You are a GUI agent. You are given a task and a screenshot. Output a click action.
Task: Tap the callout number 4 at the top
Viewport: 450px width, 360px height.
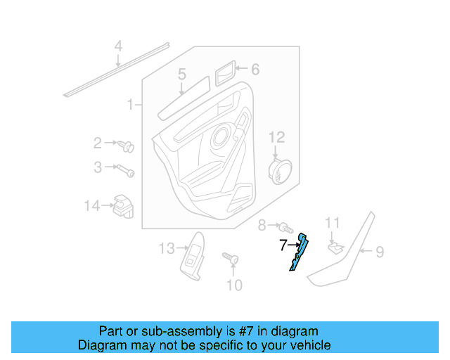(119, 47)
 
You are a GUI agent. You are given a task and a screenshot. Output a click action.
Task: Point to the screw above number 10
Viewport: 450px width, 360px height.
(231, 259)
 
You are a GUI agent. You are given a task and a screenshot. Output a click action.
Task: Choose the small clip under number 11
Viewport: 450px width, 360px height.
(334, 246)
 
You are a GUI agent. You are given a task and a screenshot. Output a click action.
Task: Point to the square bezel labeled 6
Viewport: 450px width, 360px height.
(224, 70)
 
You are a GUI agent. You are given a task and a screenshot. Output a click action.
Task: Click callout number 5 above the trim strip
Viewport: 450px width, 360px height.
(181, 75)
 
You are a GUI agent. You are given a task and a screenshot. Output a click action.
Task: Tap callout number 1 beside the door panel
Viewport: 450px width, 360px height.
(130, 105)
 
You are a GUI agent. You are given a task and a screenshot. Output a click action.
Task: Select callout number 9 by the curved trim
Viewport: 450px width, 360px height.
(380, 251)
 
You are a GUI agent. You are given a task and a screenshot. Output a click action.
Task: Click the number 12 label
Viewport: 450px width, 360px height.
(276, 136)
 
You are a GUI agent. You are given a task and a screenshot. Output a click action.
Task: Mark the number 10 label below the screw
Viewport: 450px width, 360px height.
(234, 285)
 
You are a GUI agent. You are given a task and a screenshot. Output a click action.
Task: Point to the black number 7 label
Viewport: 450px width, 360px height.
(283, 245)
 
